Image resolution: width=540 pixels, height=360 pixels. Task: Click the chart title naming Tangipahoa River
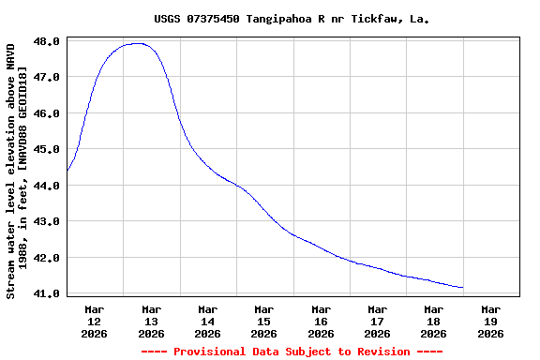coord(292,19)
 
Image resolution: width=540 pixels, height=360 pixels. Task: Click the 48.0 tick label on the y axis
coord(50,41)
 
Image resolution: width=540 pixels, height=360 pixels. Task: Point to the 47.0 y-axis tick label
coord(50,77)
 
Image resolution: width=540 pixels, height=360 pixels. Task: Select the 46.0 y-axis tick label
coord(50,113)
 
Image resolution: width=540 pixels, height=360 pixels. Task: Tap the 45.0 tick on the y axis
coord(50,149)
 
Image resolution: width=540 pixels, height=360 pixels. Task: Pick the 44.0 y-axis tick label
coord(50,186)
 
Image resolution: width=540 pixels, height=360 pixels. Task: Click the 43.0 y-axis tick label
coord(50,221)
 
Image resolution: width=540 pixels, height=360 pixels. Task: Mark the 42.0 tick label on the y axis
coord(50,258)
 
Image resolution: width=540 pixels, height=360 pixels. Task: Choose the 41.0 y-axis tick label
coord(50,293)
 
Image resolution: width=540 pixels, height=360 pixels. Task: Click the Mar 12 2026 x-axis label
coord(95,321)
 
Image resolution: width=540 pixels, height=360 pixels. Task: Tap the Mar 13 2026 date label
coord(151,321)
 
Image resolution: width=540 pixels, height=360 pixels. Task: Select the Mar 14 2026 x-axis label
coord(207,321)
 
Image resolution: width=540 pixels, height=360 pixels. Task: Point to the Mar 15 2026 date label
coord(264,321)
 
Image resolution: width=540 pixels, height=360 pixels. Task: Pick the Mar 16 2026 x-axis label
coord(321,321)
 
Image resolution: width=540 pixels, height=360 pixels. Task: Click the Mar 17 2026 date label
coord(377,321)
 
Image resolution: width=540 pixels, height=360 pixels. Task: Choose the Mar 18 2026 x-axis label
coord(433,321)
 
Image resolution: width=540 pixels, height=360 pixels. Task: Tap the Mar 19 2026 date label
coord(490,321)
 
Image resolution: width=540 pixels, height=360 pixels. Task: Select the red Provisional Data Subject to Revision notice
coord(292,352)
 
